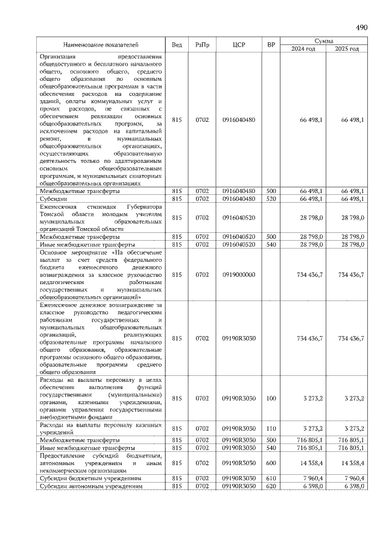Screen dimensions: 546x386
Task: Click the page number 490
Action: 362,28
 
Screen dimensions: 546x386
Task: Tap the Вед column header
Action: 177,45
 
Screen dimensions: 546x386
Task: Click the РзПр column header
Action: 201,45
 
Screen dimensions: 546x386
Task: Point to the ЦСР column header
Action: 238,45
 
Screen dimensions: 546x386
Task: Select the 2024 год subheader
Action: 303,49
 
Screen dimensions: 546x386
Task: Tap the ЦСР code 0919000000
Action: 238,275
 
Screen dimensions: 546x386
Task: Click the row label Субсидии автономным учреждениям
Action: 90,486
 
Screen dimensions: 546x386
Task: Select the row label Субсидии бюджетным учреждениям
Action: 90,478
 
